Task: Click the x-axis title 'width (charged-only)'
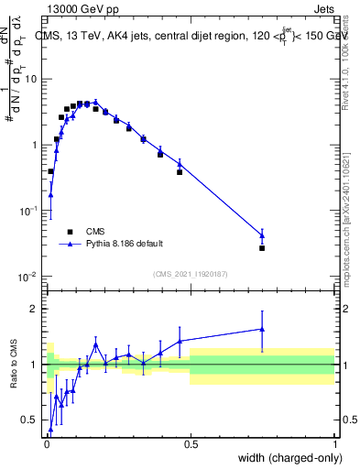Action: click(x=285, y=459)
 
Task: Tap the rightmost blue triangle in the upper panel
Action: click(x=262, y=235)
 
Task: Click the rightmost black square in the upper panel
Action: click(x=262, y=248)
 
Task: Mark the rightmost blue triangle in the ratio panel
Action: click(x=262, y=329)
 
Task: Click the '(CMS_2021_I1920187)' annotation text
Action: click(x=191, y=273)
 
